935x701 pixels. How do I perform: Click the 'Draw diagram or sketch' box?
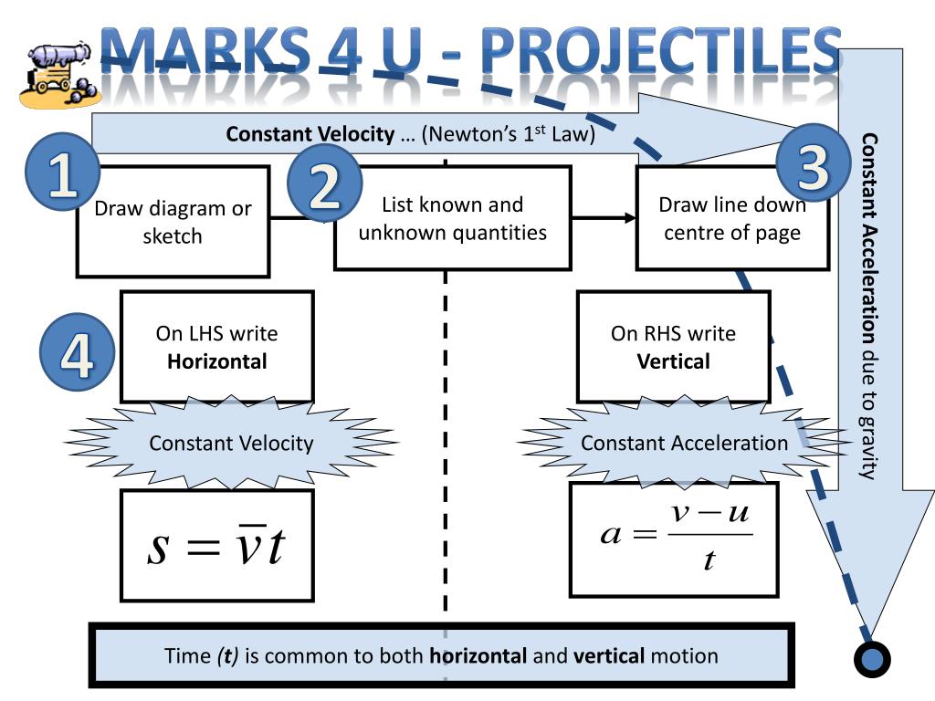point(173,221)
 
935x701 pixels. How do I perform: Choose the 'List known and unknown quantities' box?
point(452,218)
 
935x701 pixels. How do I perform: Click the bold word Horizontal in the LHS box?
point(217,361)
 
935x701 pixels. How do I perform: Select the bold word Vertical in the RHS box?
point(673,361)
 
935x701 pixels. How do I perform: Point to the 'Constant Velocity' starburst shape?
point(230,444)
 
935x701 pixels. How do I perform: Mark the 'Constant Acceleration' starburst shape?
point(684,444)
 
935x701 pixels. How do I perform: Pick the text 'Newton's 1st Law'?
point(508,135)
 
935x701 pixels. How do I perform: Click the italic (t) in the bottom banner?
point(227,655)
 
